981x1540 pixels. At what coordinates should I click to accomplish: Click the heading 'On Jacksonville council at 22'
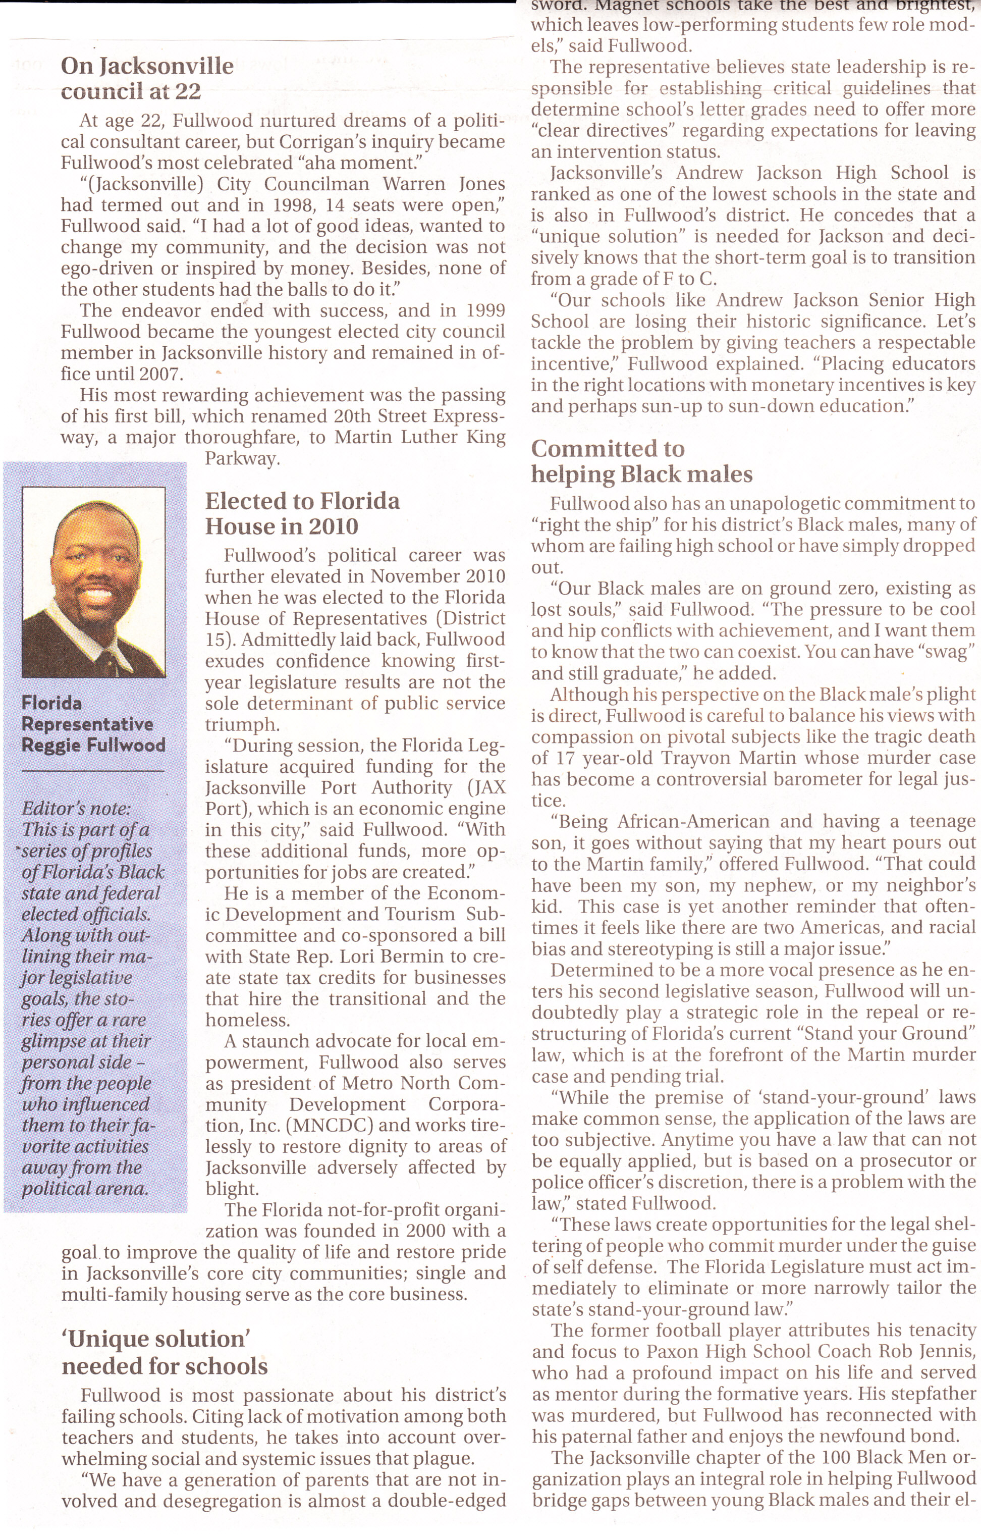147,79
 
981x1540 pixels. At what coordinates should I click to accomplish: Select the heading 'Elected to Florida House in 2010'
302,513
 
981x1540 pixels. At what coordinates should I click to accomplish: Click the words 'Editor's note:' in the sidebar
76,809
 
